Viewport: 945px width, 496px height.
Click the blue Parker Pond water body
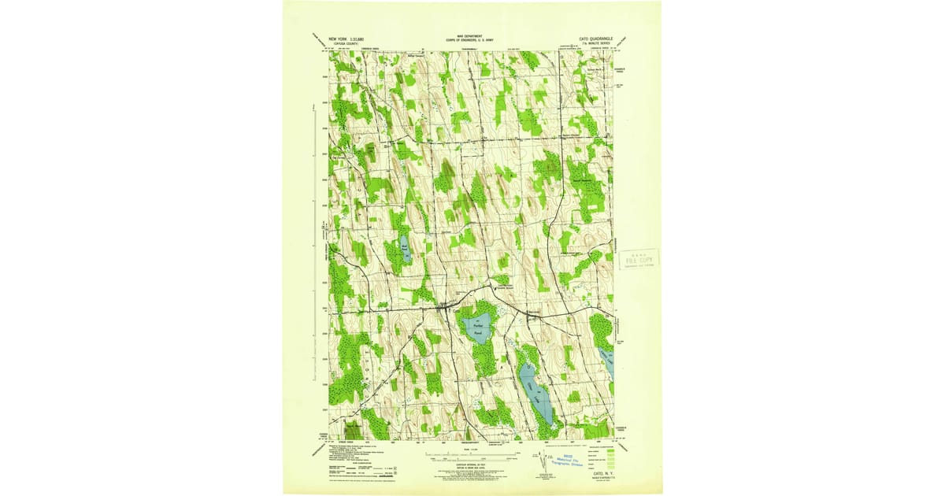point(477,328)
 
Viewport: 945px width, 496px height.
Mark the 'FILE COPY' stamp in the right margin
point(636,259)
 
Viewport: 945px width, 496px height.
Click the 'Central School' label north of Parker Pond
point(503,289)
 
